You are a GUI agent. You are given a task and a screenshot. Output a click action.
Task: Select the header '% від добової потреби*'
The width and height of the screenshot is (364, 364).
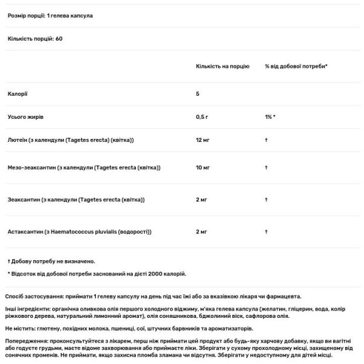(295, 65)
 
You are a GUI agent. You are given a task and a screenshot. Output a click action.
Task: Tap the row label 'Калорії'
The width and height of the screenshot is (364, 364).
(17, 93)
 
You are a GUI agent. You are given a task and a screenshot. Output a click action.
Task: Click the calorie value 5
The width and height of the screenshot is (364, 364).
(198, 93)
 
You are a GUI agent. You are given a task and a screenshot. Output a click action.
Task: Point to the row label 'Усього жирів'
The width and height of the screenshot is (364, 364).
(25, 115)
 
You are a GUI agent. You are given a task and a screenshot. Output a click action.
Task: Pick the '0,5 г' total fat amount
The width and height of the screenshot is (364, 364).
(203, 115)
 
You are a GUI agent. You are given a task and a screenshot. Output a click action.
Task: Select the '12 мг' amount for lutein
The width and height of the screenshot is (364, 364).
(203, 140)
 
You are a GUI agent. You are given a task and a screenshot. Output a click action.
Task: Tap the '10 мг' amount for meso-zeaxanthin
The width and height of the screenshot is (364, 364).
(203, 167)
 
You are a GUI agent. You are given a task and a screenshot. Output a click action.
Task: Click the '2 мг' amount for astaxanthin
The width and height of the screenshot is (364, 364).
(201, 232)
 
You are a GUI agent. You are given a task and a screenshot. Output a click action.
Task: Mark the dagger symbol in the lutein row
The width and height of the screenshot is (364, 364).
(266, 140)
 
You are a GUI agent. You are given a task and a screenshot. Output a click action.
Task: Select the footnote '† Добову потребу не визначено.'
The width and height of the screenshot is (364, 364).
(51, 261)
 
